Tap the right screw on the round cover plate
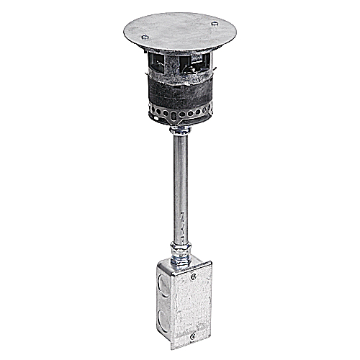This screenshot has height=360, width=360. pyautogui.click(x=214, y=24)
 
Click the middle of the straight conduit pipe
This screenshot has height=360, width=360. pyautogui.click(x=180, y=187)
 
